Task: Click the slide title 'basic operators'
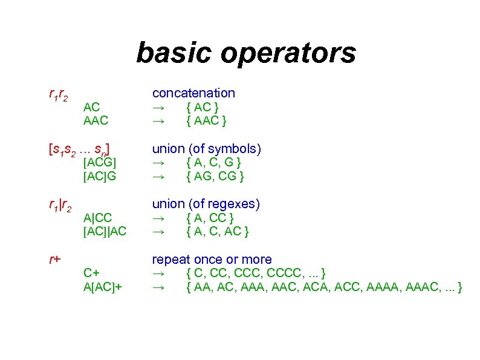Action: (246, 53)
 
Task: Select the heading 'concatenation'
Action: (193, 93)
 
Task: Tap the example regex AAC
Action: (96, 121)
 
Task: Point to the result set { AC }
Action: (203, 107)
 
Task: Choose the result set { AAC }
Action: (206, 121)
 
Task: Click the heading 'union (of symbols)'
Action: (206, 148)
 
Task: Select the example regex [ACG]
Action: (100, 162)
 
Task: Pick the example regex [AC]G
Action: (100, 177)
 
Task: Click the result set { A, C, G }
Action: (215, 162)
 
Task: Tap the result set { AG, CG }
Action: (215, 177)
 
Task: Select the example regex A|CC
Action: (98, 217)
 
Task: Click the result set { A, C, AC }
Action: (218, 231)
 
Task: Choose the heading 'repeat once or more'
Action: (212, 260)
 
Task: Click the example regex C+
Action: (91, 273)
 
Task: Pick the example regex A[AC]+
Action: (103, 287)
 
